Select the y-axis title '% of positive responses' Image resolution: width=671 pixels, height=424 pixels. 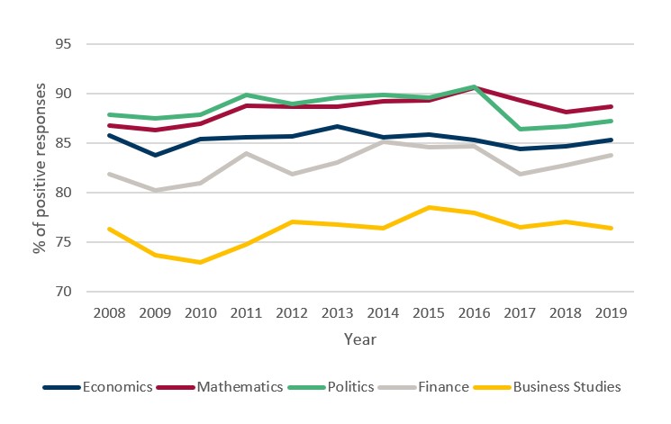[40, 167]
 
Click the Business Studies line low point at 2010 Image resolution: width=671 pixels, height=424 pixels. [198, 262]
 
